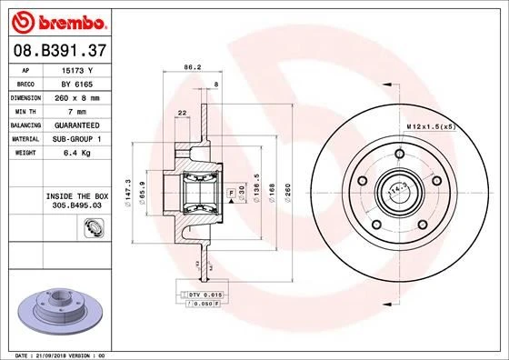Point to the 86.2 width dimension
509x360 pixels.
[x=192, y=67]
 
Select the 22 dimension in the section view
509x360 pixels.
[x=183, y=112]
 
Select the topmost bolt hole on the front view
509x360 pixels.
[x=396, y=155]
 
